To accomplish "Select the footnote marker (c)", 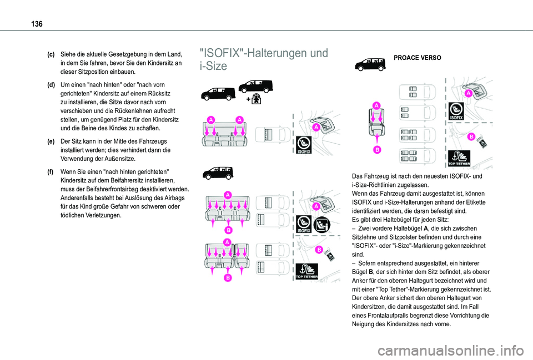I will click(51, 54).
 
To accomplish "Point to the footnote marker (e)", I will click(51, 141).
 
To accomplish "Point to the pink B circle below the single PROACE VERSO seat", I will click(376, 150).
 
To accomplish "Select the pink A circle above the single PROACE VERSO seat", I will click(376, 105).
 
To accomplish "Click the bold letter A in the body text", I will click(426, 229).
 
